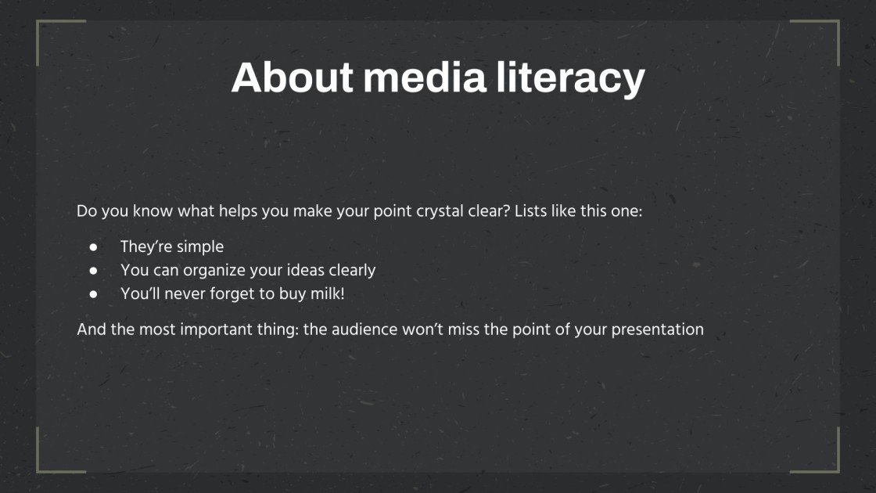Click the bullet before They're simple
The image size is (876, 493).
pyautogui.click(x=93, y=246)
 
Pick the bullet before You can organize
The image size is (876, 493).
pyautogui.click(x=93, y=271)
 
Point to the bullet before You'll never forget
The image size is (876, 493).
pyautogui.click(x=93, y=294)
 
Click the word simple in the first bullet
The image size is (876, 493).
pyautogui.click(x=199, y=246)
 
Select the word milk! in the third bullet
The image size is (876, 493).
pyautogui.click(x=327, y=294)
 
